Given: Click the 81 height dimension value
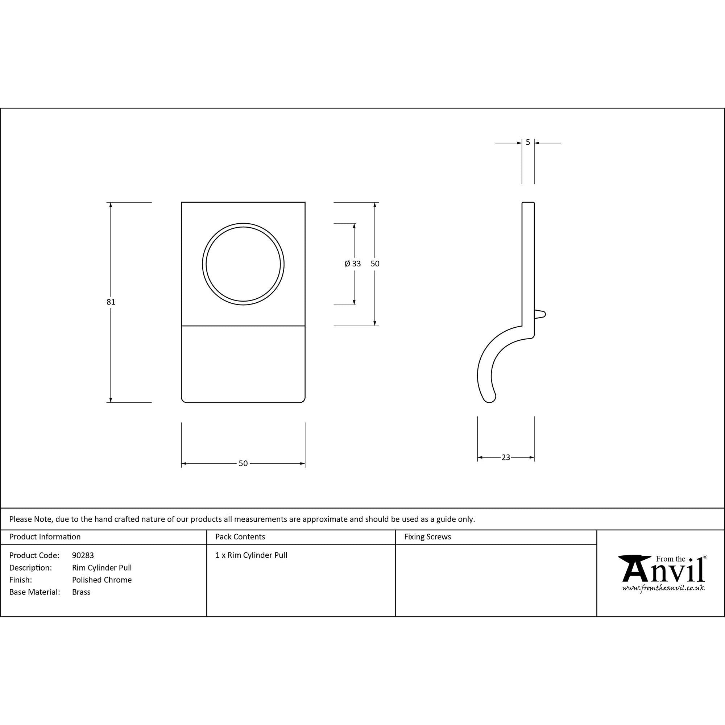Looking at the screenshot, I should coord(111,302).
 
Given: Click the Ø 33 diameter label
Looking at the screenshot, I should coord(352,264).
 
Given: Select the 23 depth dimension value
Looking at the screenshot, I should coord(505,457).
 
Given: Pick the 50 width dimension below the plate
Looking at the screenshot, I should coord(243,463).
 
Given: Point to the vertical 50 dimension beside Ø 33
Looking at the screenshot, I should coord(375,264).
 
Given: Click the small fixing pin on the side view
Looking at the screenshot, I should coord(540,314).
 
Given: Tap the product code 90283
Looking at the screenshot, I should coord(83,555).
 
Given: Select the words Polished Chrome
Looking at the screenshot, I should coord(102,580).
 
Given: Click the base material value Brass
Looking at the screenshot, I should coord(81,592).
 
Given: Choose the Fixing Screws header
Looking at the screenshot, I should coord(427,537).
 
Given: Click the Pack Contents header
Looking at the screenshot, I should coord(240,537).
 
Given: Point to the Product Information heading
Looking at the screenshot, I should coord(45,537).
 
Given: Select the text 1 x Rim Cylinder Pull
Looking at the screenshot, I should coord(251,555).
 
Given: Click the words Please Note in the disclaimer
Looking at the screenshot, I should coord(30,519).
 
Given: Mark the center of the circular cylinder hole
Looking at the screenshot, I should coord(243,264).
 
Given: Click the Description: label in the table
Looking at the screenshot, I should coord(30,568).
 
